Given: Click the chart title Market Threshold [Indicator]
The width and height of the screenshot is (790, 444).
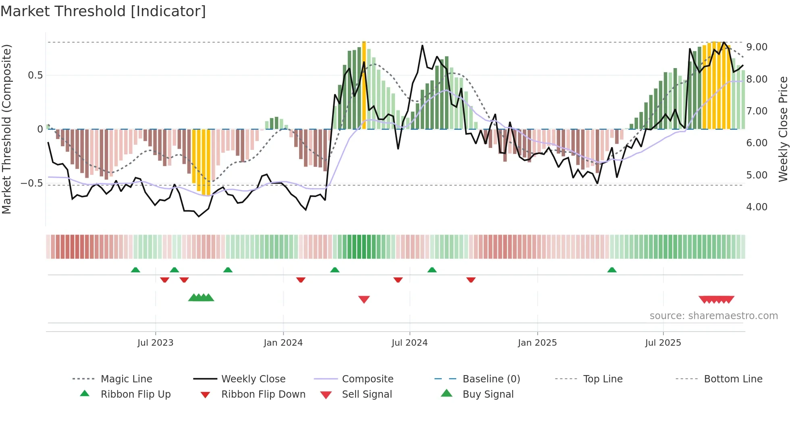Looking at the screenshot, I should pyautogui.click(x=103, y=11).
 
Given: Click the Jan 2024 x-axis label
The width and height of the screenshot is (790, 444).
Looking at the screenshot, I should pyautogui.click(x=283, y=343).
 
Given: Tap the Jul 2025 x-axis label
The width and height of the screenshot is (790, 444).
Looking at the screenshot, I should pyautogui.click(x=663, y=343).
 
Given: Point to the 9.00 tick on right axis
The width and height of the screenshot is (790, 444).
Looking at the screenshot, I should pyautogui.click(x=757, y=47).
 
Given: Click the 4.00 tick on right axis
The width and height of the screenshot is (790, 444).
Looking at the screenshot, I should pyautogui.click(x=757, y=207).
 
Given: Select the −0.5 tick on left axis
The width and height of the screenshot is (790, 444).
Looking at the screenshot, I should pyautogui.click(x=31, y=183).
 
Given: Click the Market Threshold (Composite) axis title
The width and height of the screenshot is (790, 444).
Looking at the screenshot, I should pyautogui.click(x=6, y=129).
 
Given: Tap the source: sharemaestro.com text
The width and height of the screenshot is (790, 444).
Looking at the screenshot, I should pyautogui.click(x=713, y=316).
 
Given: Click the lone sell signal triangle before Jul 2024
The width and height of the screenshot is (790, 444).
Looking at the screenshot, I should pyautogui.click(x=364, y=299).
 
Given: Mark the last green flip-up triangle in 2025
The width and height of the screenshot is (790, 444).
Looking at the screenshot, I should pyautogui.click(x=612, y=270).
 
